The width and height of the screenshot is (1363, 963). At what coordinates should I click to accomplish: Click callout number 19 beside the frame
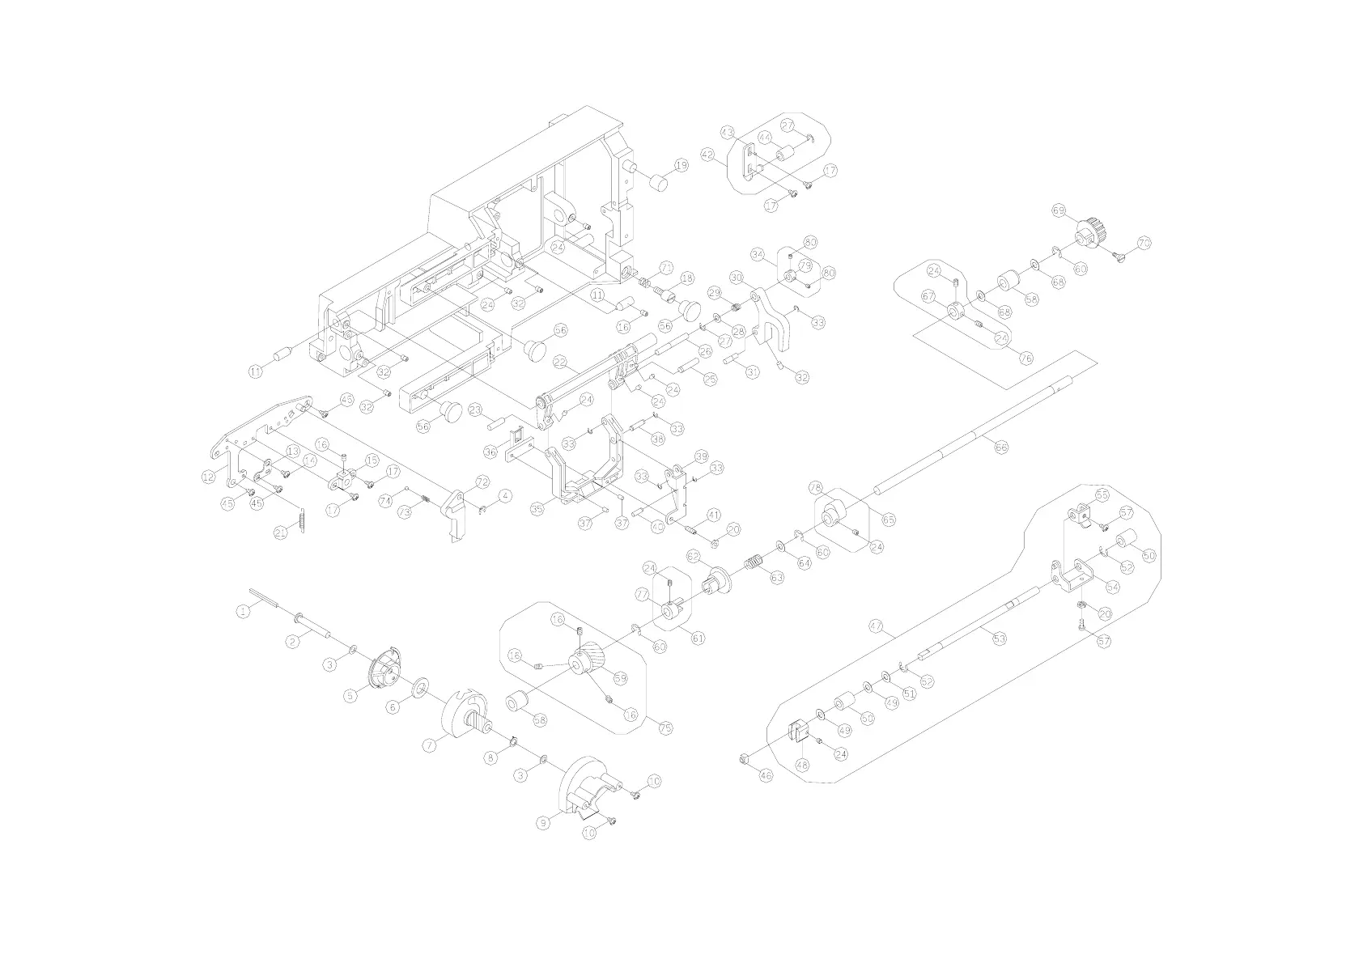(681, 165)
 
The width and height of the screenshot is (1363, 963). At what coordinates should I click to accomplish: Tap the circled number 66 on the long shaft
(1002, 446)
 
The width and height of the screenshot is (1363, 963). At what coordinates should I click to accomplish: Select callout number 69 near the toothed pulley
(1059, 210)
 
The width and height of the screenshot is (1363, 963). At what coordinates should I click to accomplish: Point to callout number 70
(1144, 242)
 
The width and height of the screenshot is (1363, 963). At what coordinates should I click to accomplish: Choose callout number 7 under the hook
(430, 741)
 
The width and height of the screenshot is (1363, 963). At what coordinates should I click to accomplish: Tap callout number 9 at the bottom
(544, 821)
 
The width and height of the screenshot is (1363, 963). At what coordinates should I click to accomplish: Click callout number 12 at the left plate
(208, 477)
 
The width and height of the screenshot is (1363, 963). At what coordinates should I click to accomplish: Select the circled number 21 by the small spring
(281, 532)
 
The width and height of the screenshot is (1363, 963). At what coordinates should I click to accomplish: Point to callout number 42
(708, 155)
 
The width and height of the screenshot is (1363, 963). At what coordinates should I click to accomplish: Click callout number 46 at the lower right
(766, 775)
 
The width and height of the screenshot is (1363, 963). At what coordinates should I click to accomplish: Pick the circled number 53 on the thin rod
(1000, 638)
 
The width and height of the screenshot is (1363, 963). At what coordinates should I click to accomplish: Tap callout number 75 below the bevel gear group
(665, 728)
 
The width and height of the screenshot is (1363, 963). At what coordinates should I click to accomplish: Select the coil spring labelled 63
(754, 562)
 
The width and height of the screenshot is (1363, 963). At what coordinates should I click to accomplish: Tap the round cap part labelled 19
(659, 180)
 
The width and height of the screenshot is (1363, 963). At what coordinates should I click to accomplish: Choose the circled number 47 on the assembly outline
(875, 626)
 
